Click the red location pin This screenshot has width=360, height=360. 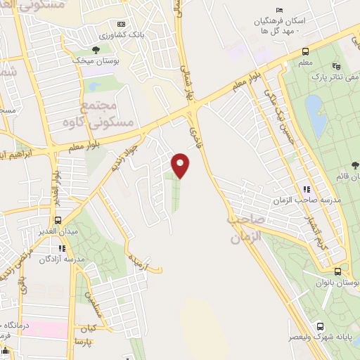tap(181, 166)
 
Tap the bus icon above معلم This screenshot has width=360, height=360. tap(306, 51)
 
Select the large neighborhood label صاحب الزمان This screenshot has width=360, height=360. tap(245, 229)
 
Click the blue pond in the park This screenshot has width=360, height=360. tap(316, 116)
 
